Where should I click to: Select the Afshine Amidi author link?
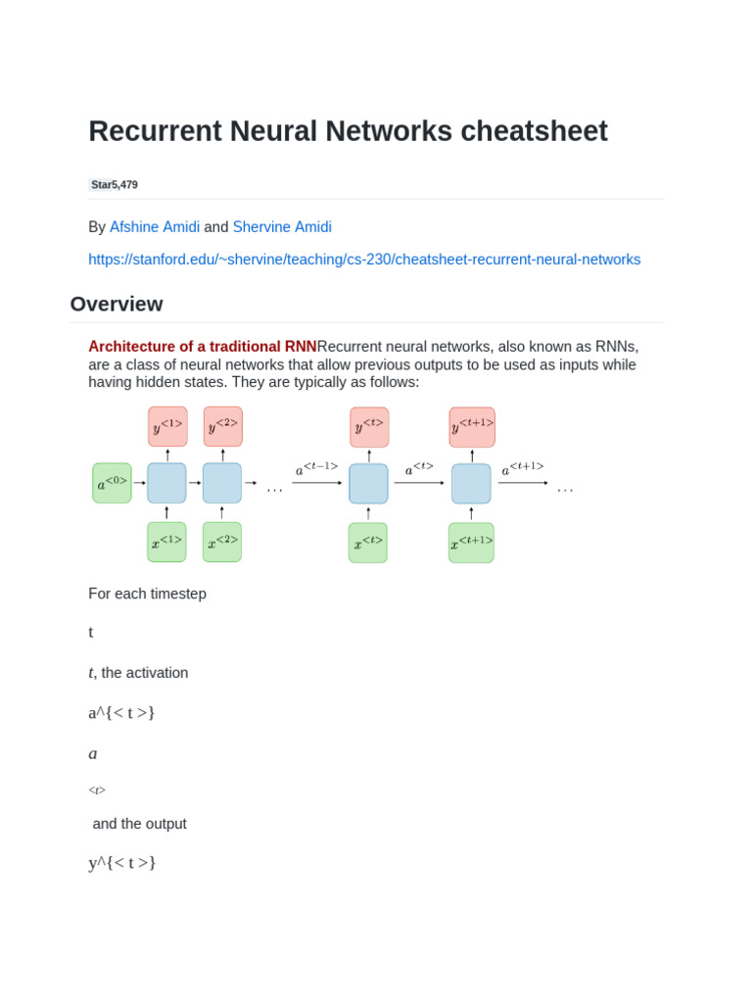click(155, 227)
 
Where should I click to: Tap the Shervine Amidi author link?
click(282, 227)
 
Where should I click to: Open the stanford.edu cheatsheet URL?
click(364, 260)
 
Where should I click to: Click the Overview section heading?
click(117, 305)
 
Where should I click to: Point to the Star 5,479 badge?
click(114, 184)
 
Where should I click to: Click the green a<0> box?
click(112, 483)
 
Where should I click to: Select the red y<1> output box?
click(167, 426)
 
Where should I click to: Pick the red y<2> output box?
click(222, 426)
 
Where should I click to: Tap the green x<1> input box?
click(166, 542)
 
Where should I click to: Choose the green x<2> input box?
click(222, 542)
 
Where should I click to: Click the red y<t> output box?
click(369, 427)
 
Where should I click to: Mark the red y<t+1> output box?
click(472, 427)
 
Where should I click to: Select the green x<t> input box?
click(368, 543)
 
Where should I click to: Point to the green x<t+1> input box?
click(471, 543)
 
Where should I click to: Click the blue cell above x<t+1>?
click(471, 484)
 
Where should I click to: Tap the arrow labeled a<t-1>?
click(317, 483)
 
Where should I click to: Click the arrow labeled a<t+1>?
click(523, 483)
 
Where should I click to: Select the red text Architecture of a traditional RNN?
click(203, 347)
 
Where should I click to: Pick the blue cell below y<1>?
click(166, 483)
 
